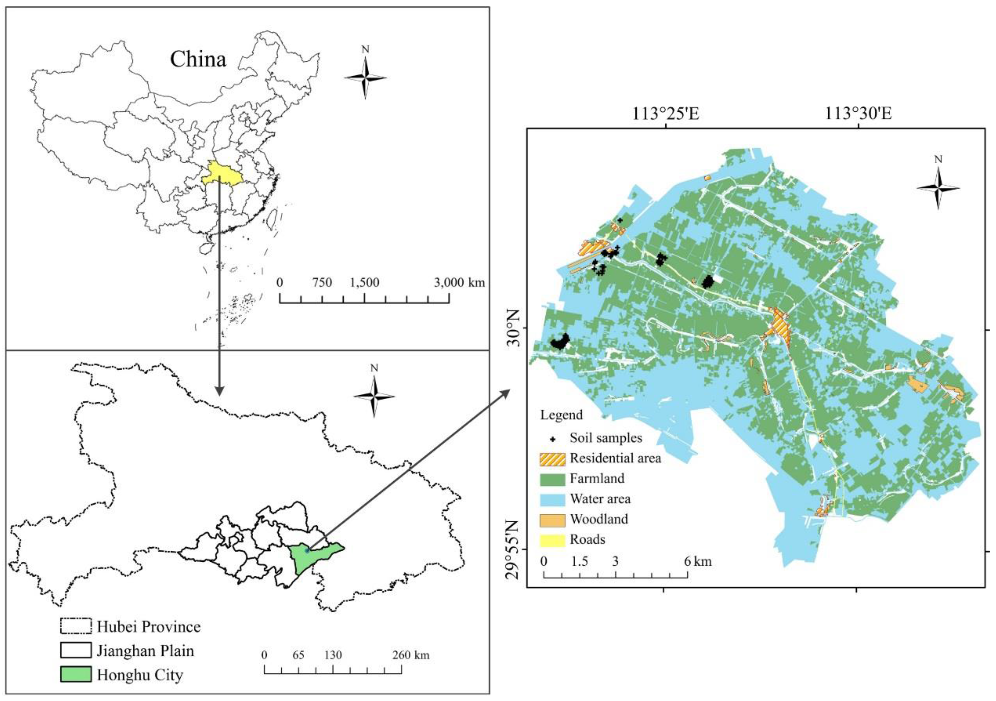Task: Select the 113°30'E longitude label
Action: click(858, 114)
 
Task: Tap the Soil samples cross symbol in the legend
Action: click(553, 439)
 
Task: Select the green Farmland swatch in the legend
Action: click(552, 480)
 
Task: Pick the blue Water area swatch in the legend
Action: click(552, 499)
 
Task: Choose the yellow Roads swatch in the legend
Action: click(552, 540)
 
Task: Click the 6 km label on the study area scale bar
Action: click(698, 561)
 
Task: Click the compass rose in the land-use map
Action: click(938, 188)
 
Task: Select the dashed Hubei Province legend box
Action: click(76, 626)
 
